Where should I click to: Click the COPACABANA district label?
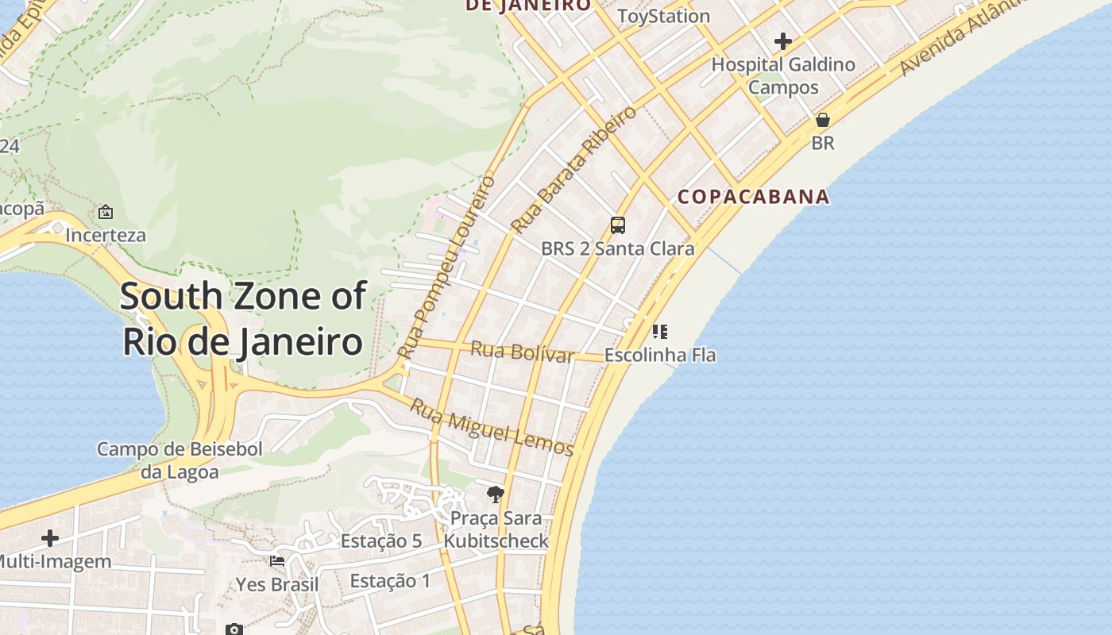(753, 197)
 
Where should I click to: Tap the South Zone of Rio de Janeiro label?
(243, 319)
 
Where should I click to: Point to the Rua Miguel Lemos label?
(492, 429)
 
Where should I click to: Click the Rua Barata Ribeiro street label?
(573, 169)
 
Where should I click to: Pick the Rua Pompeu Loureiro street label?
(446, 267)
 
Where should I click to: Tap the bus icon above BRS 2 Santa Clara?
(618, 225)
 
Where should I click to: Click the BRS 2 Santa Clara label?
(618, 248)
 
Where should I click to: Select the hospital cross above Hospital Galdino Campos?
(783, 41)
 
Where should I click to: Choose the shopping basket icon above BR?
(823, 120)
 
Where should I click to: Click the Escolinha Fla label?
(660, 355)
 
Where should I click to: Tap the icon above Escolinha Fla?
(660, 331)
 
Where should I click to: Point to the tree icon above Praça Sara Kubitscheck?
(496, 495)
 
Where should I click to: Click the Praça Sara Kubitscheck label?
(496, 529)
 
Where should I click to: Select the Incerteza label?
(106, 235)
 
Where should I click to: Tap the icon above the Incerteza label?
(106, 212)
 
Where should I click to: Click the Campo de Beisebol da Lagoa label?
(180, 460)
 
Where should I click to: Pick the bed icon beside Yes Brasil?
(277, 561)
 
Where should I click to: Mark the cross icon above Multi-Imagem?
(50, 538)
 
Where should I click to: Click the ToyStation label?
(663, 16)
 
